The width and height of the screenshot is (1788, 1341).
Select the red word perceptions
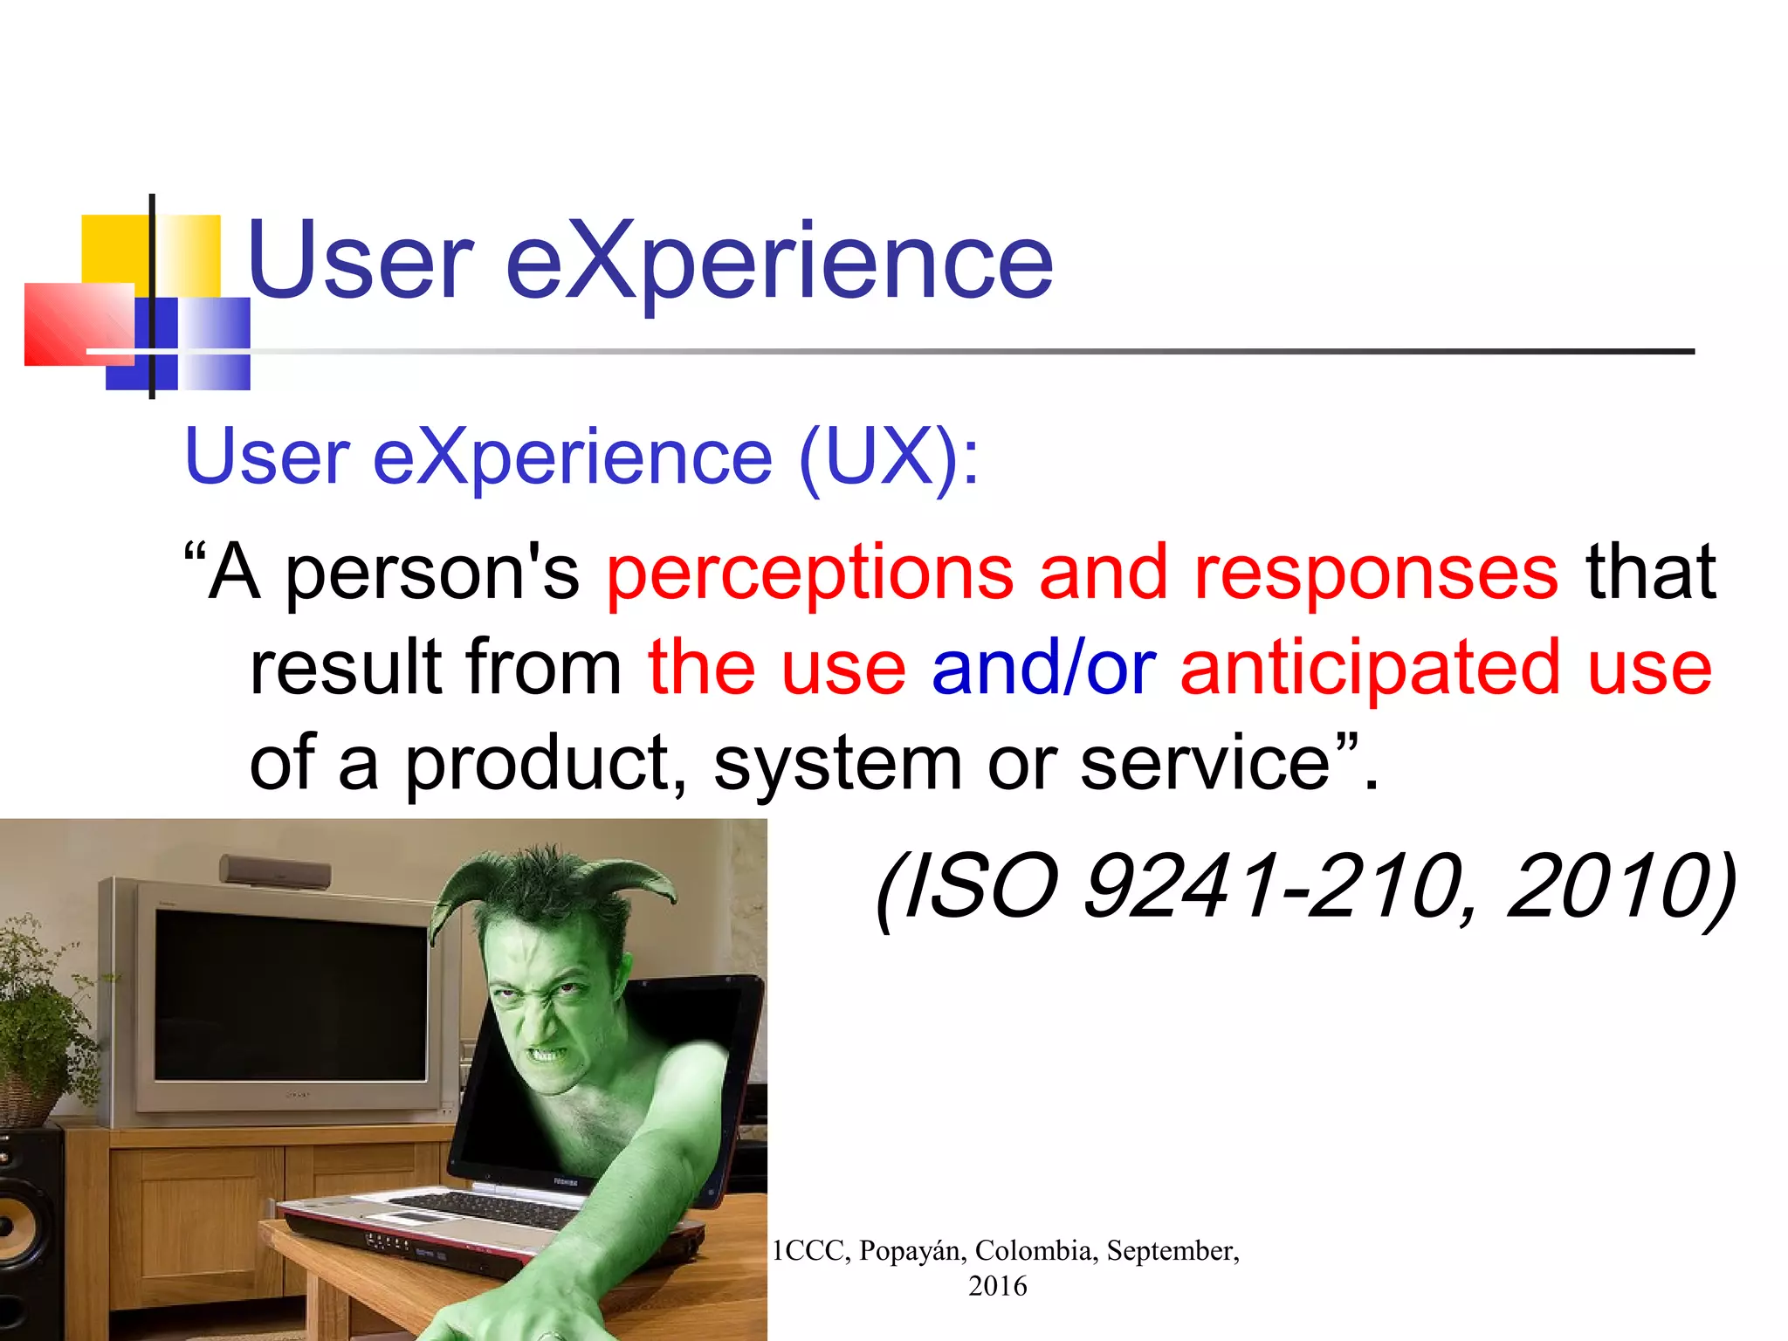(x=809, y=574)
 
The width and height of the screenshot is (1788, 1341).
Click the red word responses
(x=1376, y=574)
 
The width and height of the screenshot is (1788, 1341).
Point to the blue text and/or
(x=1043, y=668)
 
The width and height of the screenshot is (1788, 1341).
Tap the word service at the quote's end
(x=1205, y=763)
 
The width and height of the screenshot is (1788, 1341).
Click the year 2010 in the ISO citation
(x=1606, y=887)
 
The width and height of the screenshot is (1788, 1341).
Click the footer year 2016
(x=997, y=1286)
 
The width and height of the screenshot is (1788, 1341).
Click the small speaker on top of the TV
(x=275, y=871)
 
